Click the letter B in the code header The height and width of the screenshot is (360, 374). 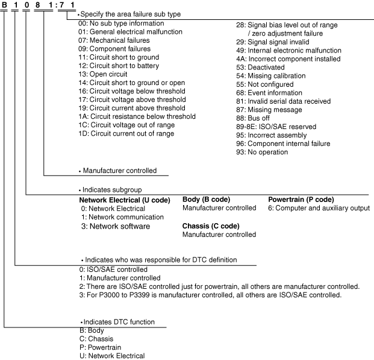point(4,5)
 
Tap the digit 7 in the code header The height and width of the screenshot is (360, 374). point(62,5)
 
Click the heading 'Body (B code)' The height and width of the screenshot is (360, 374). point(206,200)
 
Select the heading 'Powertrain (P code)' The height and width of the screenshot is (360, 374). point(301,200)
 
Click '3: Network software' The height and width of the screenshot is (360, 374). point(116,227)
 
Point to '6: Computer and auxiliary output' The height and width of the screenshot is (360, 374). point(319,209)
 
